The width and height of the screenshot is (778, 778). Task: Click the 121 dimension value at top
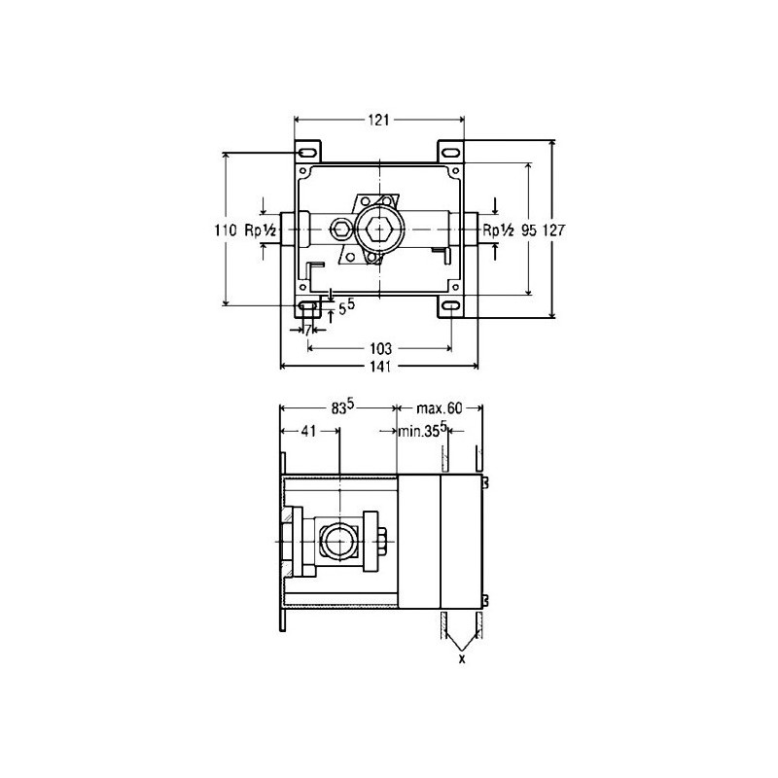[x=378, y=120]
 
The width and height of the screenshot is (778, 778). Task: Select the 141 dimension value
[x=380, y=367]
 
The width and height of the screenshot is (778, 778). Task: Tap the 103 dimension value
[x=380, y=348]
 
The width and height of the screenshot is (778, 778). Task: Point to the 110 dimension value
[x=226, y=230]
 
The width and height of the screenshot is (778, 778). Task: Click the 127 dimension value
[x=553, y=230]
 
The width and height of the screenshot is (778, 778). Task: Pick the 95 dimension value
[x=529, y=230]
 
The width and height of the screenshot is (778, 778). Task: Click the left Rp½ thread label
[x=261, y=230]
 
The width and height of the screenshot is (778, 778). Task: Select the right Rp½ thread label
[x=499, y=230]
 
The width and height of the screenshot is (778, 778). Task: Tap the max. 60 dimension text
[x=440, y=408]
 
